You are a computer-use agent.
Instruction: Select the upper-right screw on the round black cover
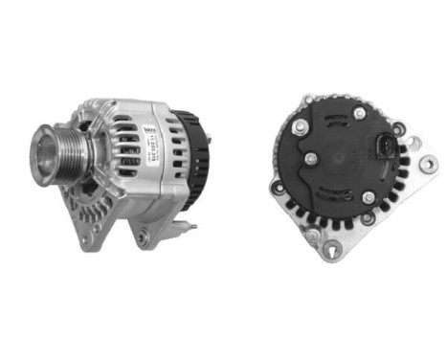pyautogui.click(x=359, y=114)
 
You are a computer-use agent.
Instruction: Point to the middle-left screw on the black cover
pyautogui.click(x=310, y=158)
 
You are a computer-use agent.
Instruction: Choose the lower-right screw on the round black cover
pyautogui.click(x=369, y=198)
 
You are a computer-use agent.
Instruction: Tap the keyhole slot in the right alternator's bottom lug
pyautogui.click(x=333, y=251)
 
